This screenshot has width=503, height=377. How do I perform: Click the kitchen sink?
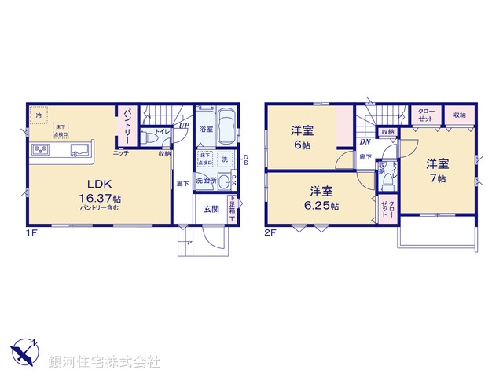point(80,149)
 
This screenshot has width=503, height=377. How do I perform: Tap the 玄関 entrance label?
point(212,209)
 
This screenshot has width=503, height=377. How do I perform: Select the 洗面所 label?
point(207,180)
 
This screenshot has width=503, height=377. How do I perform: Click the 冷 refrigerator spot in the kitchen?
point(39,115)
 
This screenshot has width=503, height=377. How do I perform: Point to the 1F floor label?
point(32,233)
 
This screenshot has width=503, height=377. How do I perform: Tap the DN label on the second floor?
point(365,142)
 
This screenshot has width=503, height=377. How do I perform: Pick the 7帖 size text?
point(438,178)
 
